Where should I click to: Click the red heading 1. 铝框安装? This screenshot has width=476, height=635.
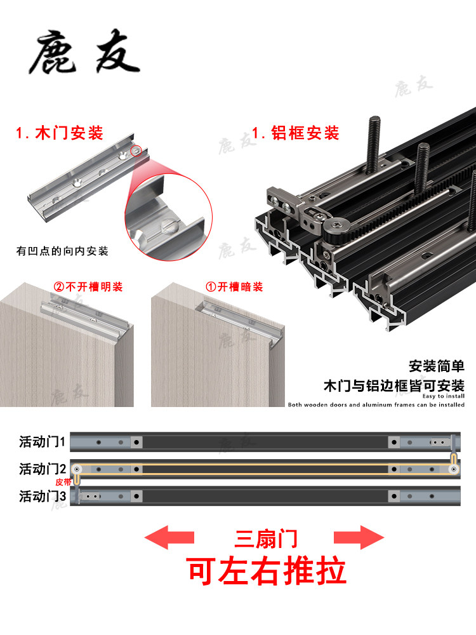click(296, 133)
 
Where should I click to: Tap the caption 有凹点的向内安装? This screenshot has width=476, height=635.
click(62, 251)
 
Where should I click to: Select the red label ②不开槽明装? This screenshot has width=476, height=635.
click(88, 287)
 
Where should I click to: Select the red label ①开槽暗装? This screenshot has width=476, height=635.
click(234, 287)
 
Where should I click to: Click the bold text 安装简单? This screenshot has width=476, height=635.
click(437, 366)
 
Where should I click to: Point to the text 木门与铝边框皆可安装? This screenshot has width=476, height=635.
click(393, 385)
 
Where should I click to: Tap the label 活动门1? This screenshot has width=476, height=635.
click(43, 441)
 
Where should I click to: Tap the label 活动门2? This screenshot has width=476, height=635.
click(43, 469)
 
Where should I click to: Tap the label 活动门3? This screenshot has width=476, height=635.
click(43, 496)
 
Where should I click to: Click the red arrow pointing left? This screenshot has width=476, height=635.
click(169, 537)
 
